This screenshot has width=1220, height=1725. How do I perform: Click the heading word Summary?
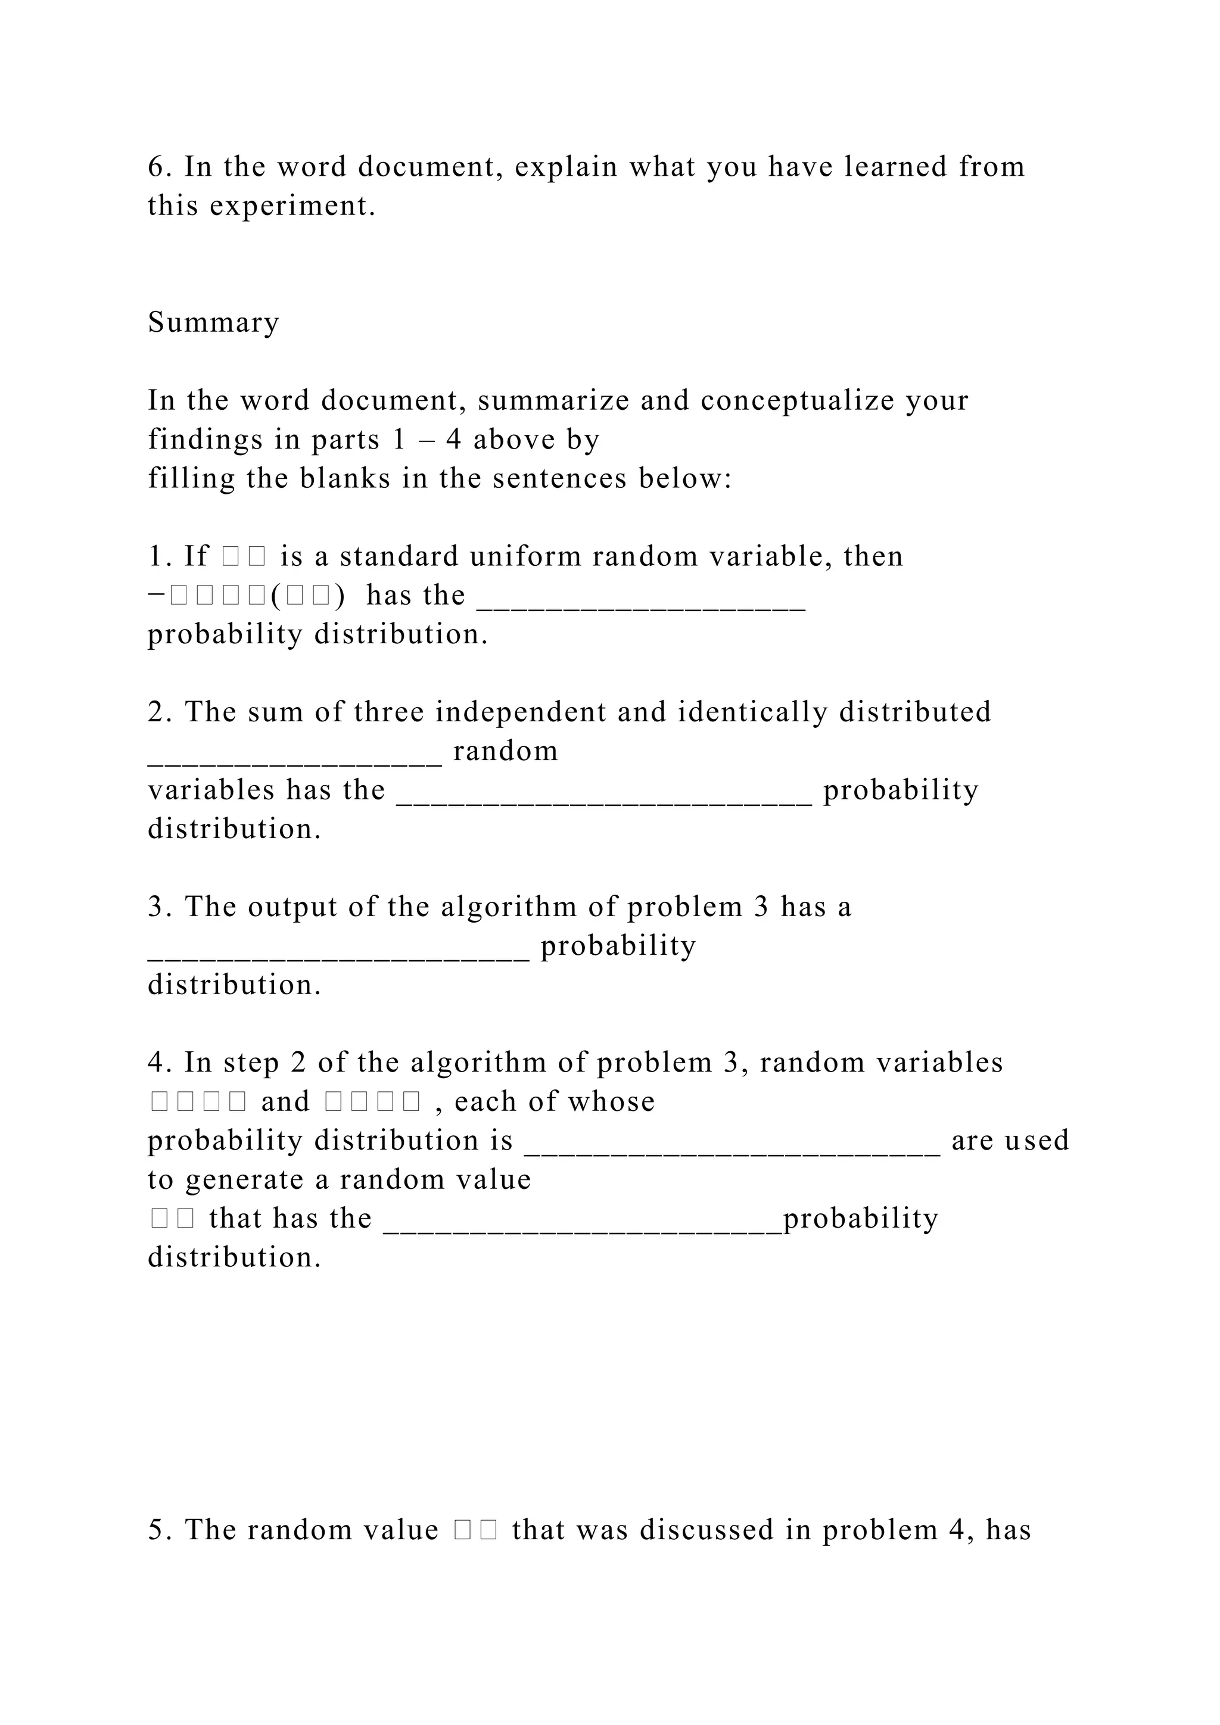pos(213,322)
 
